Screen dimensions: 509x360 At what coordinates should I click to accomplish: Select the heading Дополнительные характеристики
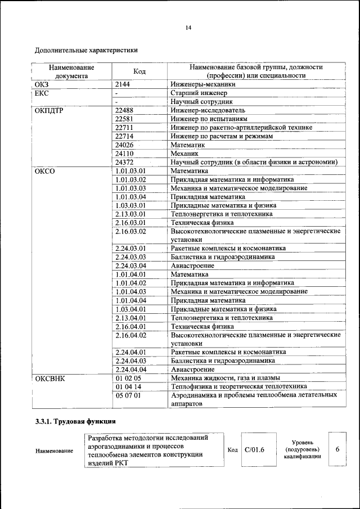(x=86, y=50)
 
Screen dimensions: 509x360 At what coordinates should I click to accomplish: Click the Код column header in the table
(x=139, y=71)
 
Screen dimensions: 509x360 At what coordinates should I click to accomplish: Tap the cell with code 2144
(x=123, y=84)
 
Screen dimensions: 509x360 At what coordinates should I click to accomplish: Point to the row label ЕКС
(x=42, y=93)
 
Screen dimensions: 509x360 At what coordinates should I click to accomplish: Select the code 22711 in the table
(x=124, y=128)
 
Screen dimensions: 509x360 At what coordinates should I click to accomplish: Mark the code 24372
(x=124, y=162)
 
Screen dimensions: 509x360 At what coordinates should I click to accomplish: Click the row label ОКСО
(x=45, y=171)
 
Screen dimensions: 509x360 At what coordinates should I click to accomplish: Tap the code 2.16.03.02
(x=130, y=231)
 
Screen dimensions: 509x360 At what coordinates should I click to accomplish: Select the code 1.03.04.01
(x=130, y=309)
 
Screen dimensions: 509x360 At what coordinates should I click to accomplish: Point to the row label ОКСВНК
(x=50, y=378)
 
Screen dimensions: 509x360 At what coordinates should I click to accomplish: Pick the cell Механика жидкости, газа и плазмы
(x=226, y=378)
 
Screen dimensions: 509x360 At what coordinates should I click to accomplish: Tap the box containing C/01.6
(x=254, y=450)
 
